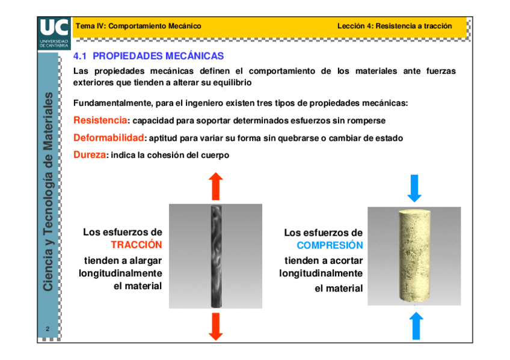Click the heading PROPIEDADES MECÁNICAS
pyautogui.click(x=158, y=56)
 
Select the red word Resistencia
pyautogui.click(x=100, y=120)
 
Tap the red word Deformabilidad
pyautogui.click(x=109, y=138)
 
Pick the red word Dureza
pyautogui.click(x=90, y=155)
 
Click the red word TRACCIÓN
pyautogui.click(x=137, y=245)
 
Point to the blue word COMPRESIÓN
pyautogui.click(x=330, y=246)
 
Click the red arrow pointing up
pyautogui.click(x=216, y=187)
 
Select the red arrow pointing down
pyautogui.click(x=216, y=326)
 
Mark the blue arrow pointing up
pyautogui.click(x=414, y=326)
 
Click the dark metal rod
pyautogui.click(x=216, y=256)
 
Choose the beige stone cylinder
pyautogui.click(x=414, y=256)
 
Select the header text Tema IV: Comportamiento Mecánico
pyautogui.click(x=138, y=26)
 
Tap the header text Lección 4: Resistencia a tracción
pyautogui.click(x=394, y=26)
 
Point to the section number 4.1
pyautogui.click(x=80, y=56)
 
